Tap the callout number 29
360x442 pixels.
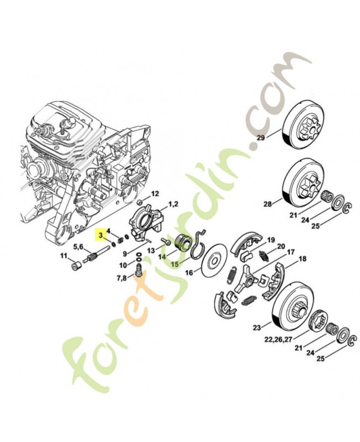point(261,138)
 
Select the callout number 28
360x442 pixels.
point(268,203)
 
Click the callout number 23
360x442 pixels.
point(257,328)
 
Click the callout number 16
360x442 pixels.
point(189,273)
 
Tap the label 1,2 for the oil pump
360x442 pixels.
point(173,204)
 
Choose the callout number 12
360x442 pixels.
point(155,194)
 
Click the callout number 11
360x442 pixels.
point(63,256)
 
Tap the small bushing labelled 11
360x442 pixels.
point(76,266)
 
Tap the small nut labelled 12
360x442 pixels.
point(140,202)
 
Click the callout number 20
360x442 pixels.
point(281,246)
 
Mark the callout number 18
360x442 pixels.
point(302,259)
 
